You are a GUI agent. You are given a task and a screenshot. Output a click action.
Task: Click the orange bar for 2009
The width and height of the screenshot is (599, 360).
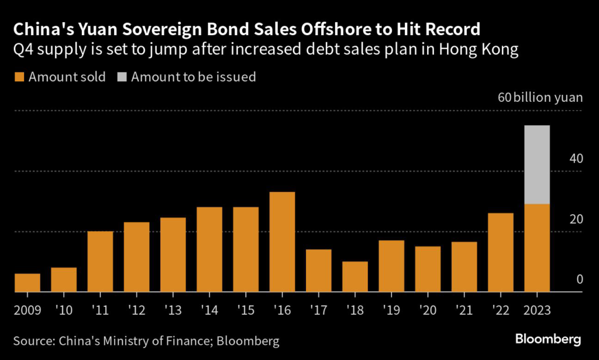pyautogui.click(x=27, y=283)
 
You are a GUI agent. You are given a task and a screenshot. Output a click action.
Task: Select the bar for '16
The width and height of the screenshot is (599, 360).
pyautogui.click(x=282, y=242)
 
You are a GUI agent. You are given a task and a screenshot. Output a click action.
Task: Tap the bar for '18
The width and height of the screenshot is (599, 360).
pyautogui.click(x=355, y=276)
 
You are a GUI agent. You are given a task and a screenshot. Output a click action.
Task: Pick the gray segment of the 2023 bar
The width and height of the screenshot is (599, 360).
pyautogui.click(x=537, y=164)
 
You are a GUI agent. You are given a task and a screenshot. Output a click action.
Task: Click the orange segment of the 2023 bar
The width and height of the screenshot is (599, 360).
pyautogui.click(x=537, y=248)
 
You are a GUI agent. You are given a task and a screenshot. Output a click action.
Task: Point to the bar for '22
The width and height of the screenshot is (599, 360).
pyautogui.click(x=501, y=252)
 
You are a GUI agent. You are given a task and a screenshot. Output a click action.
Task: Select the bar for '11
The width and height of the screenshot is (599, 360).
pyautogui.click(x=100, y=261)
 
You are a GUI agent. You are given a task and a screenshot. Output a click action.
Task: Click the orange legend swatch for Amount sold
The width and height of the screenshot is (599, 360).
pyautogui.click(x=19, y=77)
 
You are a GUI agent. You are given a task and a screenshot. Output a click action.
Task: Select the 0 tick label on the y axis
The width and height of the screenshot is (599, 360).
pyautogui.click(x=579, y=280)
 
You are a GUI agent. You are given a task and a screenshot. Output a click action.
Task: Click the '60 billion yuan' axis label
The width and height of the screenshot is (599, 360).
pyautogui.click(x=540, y=97)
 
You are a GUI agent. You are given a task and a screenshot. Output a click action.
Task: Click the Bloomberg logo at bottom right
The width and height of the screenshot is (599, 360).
pyautogui.click(x=548, y=340)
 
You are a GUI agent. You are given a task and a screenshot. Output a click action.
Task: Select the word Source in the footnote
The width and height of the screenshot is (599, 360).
pyautogui.click(x=35, y=340)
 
